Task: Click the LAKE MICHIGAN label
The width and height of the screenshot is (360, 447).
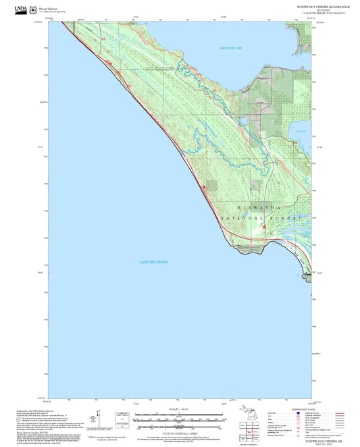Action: (x=153, y=261)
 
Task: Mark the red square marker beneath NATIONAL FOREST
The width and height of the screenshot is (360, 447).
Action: (x=265, y=228)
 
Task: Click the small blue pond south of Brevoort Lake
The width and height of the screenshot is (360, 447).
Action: (x=302, y=133)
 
